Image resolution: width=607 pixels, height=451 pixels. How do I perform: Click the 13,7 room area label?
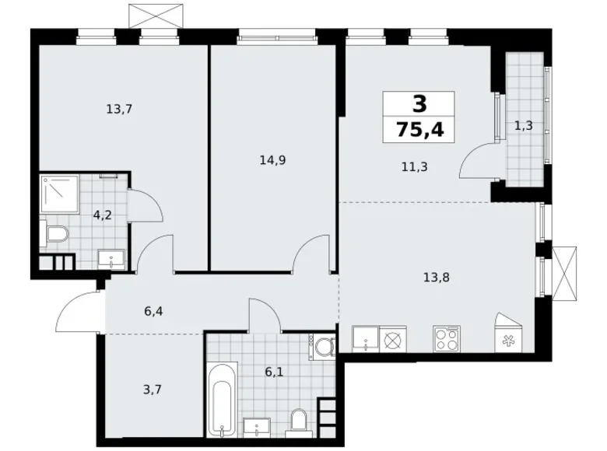119,110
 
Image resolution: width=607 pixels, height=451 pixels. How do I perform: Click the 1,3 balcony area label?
523,126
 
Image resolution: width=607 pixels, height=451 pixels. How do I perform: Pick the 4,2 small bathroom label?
102,215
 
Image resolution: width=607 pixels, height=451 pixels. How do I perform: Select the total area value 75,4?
420,129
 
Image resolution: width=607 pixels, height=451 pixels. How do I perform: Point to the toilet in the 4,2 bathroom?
55,233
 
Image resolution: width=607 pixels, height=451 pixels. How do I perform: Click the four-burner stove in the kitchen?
447,339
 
